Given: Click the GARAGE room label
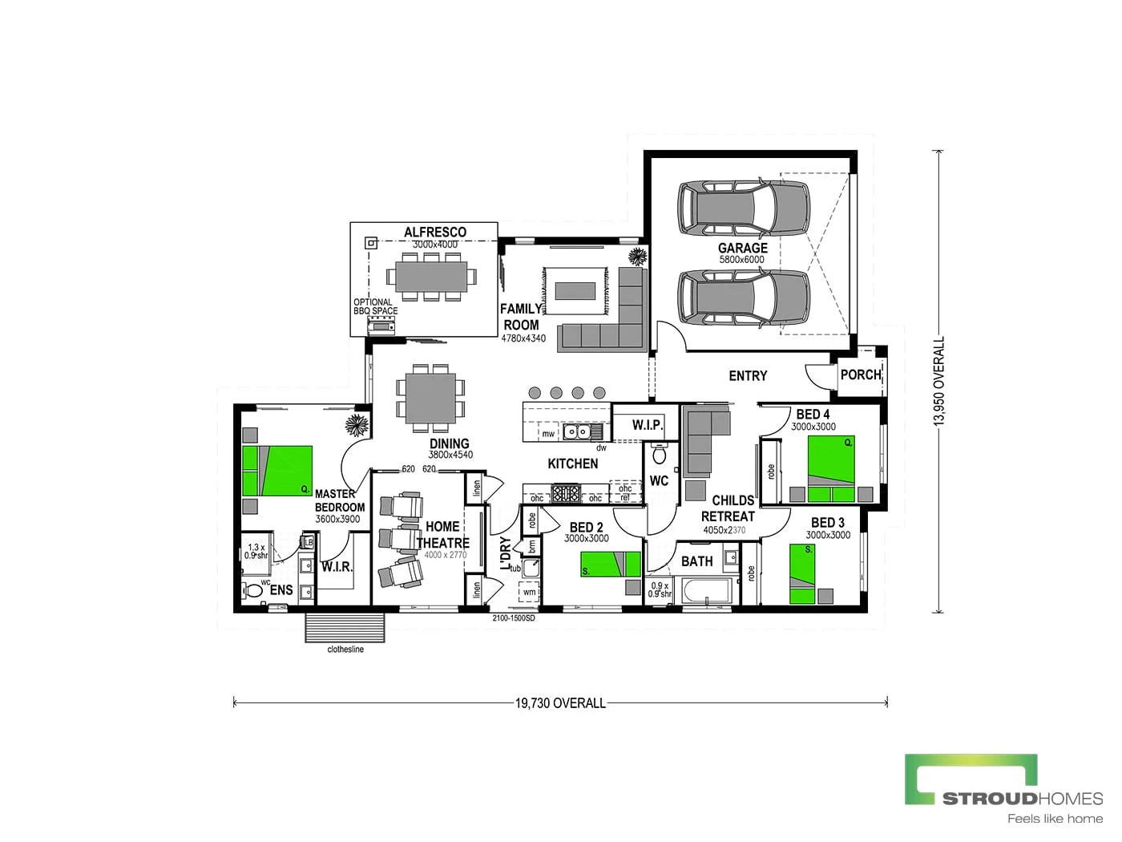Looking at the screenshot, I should (742, 248).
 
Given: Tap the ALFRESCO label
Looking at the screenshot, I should (434, 232).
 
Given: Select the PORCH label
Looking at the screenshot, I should (861, 374).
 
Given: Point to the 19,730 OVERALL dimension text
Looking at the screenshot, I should (560, 703).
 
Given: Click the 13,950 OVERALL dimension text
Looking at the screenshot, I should (940, 381).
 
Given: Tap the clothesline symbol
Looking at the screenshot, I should (345, 628).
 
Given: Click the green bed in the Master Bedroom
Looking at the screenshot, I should (277, 470).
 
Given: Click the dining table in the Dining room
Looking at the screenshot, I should (430, 399).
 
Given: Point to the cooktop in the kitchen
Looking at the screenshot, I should (566, 492).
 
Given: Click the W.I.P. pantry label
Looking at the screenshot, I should (647, 424).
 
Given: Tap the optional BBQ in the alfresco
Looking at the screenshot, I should (381, 324).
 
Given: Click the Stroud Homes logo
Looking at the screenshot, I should (1003, 788).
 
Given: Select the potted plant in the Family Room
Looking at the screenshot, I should (638, 257).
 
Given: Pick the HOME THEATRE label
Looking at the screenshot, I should (442, 535).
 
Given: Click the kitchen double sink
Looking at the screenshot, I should (575, 432).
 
